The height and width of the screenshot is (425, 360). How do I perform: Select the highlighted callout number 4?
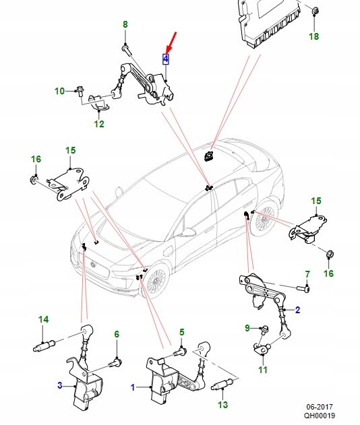point(165,59)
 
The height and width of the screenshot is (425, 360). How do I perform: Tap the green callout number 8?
point(125,25)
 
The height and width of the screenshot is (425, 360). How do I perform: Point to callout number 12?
point(99,124)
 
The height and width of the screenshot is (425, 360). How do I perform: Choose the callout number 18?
point(313,36)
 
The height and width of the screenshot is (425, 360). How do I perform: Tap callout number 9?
point(247,327)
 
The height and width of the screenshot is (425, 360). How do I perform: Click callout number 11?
point(263,370)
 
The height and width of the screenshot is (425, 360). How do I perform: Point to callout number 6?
point(116,334)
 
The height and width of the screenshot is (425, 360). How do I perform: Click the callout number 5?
point(181,332)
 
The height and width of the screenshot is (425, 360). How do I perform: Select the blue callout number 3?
point(60,385)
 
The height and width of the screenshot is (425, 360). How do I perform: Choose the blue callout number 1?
point(133,387)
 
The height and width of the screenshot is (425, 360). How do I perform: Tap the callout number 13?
point(223,405)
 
